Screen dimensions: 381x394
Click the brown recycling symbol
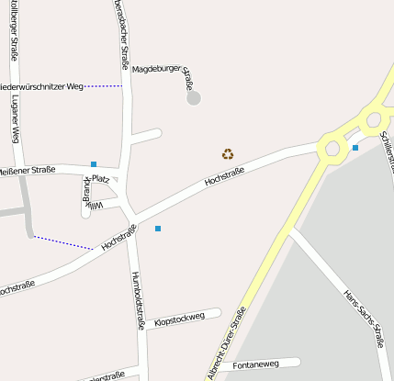tap(228, 154)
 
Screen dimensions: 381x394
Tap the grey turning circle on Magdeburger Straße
tap(194, 97)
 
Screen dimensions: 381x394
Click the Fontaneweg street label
tap(255, 365)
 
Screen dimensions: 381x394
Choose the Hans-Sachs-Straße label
tap(363, 319)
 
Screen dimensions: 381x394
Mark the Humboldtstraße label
tap(139, 300)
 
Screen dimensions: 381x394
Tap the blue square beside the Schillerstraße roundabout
tap(355, 147)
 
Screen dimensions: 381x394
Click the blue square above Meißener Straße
tap(94, 164)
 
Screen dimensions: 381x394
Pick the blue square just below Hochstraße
tap(158, 228)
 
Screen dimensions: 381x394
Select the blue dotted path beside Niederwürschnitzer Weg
tap(103, 86)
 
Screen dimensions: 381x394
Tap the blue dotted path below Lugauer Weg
tap(62, 243)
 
